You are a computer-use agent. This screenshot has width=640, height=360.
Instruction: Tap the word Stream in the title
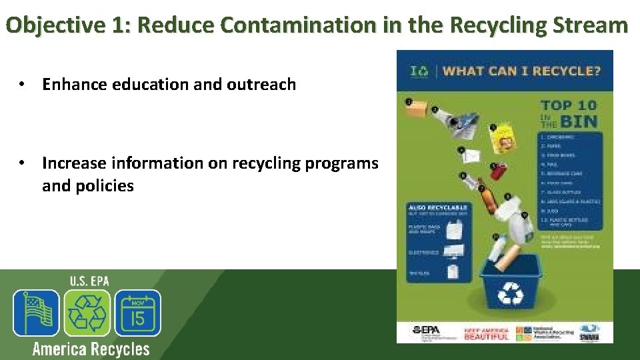(591, 25)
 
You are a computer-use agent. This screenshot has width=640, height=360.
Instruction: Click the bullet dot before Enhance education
(23, 85)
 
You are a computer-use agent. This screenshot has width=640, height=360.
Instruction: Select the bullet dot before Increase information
(23, 163)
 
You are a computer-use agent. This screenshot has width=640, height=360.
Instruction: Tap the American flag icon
(36, 313)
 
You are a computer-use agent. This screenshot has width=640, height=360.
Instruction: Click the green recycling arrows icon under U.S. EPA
(87, 313)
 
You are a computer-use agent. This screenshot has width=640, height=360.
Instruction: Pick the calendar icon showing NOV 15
(138, 313)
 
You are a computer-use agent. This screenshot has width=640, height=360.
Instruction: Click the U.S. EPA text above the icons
(89, 281)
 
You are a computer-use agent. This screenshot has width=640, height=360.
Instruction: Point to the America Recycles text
(91, 349)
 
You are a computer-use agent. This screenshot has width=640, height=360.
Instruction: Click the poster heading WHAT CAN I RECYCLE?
(522, 71)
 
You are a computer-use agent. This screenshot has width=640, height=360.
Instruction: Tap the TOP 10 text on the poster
(569, 105)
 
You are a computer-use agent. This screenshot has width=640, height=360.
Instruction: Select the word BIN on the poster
(578, 121)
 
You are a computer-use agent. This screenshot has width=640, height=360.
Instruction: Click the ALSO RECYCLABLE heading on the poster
(437, 208)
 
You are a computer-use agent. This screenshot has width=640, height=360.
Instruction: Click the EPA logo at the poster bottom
(427, 331)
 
